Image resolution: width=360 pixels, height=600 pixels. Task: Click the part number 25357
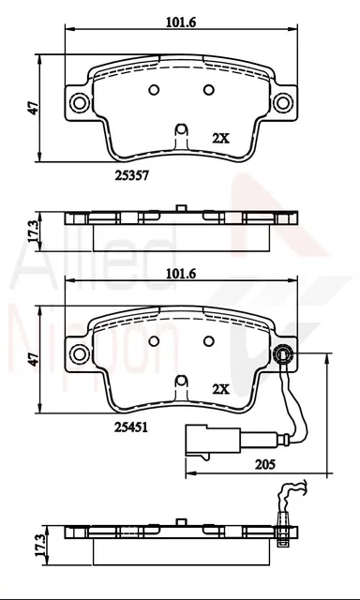pyautogui.click(x=131, y=175)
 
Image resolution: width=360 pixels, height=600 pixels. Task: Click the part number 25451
pyautogui.click(x=131, y=427)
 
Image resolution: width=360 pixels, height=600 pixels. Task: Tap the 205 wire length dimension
pyautogui.click(x=264, y=464)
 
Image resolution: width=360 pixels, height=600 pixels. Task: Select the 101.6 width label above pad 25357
pyautogui.click(x=181, y=22)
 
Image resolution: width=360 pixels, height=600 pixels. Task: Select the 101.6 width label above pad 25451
pyautogui.click(x=181, y=274)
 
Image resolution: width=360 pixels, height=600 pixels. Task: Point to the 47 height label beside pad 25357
pyautogui.click(x=35, y=109)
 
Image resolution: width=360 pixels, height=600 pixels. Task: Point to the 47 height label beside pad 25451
pyautogui.click(x=35, y=359)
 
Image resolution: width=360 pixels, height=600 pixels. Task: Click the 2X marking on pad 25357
pyautogui.click(x=220, y=138)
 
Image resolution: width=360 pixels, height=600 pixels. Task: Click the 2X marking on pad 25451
pyautogui.click(x=220, y=390)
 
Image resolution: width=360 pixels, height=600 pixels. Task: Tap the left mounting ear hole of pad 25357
pyautogui.click(x=80, y=102)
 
